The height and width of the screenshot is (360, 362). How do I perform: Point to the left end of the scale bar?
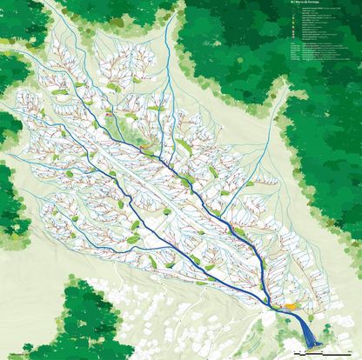[297, 350]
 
